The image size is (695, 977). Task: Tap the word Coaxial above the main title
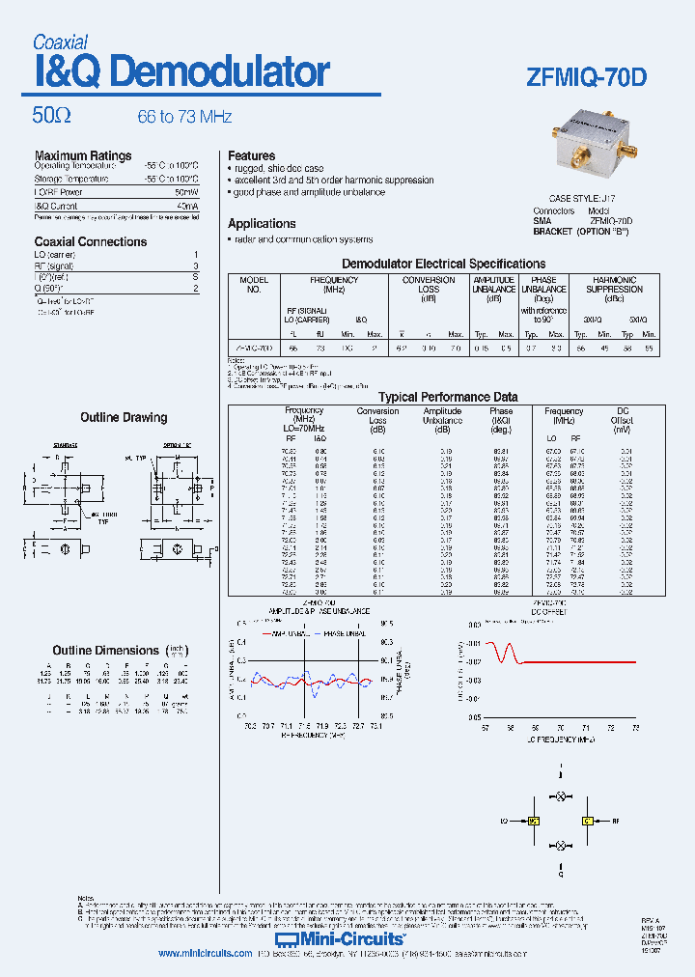60,42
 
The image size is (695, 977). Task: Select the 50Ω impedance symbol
51,116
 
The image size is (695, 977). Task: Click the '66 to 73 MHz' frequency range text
184,117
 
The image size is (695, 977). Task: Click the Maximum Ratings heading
83,155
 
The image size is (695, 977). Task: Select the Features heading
251,155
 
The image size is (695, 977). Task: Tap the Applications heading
262,223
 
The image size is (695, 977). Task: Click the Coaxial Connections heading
91,241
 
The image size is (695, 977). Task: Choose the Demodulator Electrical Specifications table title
444,264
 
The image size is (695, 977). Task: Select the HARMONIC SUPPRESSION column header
614,285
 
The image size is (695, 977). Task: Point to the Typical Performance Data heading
448,397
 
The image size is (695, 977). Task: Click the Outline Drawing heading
124,417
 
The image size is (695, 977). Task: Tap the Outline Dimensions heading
105,650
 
